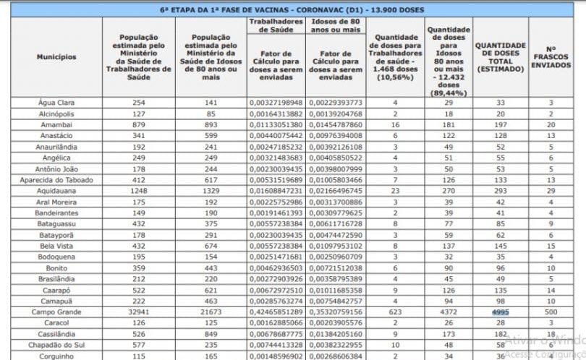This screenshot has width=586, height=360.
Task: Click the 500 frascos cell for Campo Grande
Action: [551, 312]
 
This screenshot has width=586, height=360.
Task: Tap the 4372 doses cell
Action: [448, 312]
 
